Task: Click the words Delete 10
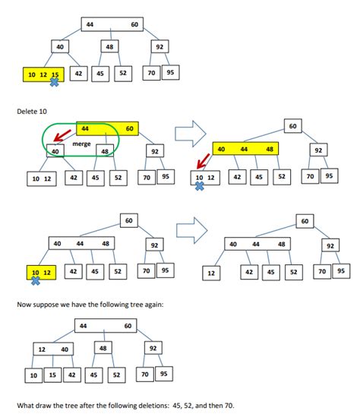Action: (x=33, y=112)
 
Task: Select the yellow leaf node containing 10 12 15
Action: (x=42, y=74)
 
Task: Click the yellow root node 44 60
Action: (x=106, y=129)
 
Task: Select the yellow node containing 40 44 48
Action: (x=244, y=150)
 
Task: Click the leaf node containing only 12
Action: (x=212, y=272)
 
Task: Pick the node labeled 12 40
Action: (x=52, y=349)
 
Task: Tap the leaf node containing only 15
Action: (x=52, y=375)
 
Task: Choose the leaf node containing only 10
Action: (x=33, y=375)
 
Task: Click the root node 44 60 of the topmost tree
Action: (x=112, y=25)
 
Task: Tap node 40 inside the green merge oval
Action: (x=55, y=151)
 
